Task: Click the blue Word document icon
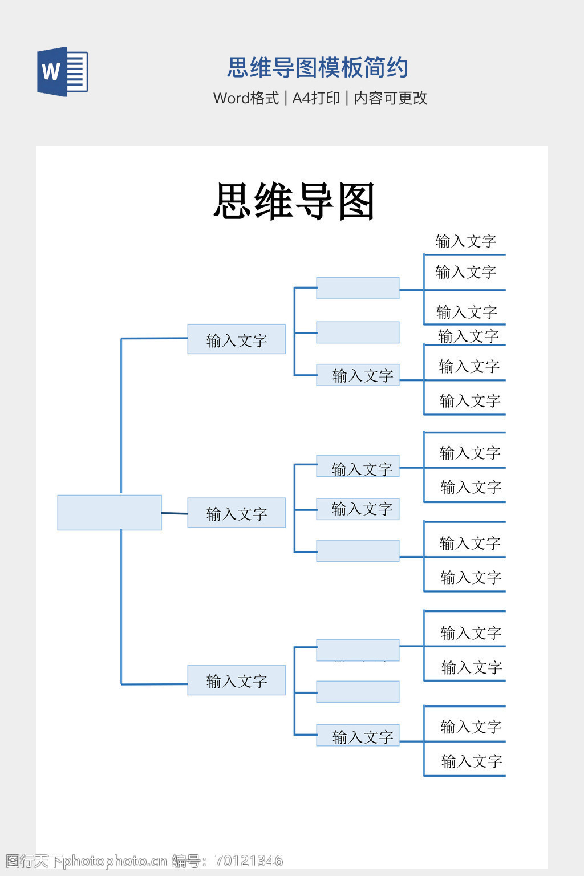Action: coord(63,71)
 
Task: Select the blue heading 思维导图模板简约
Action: coord(318,67)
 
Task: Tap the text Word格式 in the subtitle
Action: coord(246,98)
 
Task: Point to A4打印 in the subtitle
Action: coord(316,98)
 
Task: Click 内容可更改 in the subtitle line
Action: coord(390,98)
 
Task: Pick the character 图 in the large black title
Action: coord(356,201)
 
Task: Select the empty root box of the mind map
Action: coord(109,513)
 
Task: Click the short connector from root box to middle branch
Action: coord(175,513)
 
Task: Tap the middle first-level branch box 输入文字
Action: coord(237,513)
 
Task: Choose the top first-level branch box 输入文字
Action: coord(237,339)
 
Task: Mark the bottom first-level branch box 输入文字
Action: coord(237,680)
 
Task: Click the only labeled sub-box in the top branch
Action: coord(358,375)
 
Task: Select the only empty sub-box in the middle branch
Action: coord(358,550)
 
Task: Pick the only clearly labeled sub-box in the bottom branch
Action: coord(358,735)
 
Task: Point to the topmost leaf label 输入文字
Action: coord(466,241)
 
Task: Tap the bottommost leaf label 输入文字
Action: coord(472,761)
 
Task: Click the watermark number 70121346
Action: coord(249,861)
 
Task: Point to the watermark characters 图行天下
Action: coord(34,861)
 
